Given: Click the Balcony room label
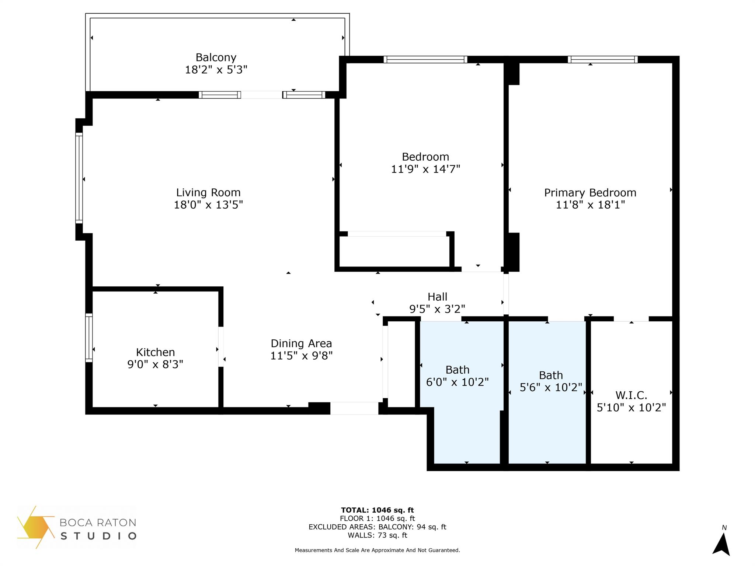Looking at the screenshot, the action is tap(216, 57).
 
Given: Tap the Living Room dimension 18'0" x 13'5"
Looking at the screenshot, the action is tap(208, 205).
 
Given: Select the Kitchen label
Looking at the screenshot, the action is tap(155, 352).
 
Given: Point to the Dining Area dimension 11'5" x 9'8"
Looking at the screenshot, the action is tap(301, 356).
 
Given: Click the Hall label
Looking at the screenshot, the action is tap(437, 297).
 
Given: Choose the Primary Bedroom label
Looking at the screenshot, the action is tap(590, 193).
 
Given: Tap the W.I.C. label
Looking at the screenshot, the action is tap(631, 395).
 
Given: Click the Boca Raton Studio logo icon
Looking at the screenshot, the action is tap(36, 527).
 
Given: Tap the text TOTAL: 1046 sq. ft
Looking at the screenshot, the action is tap(377, 510).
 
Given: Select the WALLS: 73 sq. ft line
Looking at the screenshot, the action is tap(377, 535).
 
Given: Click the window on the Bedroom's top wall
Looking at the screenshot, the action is tap(425, 60).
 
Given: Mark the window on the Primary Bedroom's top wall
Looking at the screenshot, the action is tap(603, 60).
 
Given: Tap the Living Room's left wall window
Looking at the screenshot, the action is tap(79, 178).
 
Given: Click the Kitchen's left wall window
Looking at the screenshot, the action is tap(89, 338).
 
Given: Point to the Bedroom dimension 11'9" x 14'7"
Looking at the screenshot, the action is tap(425, 169).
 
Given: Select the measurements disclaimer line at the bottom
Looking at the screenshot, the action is tap(377, 550).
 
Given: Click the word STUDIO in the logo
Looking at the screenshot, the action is tap(98, 536).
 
